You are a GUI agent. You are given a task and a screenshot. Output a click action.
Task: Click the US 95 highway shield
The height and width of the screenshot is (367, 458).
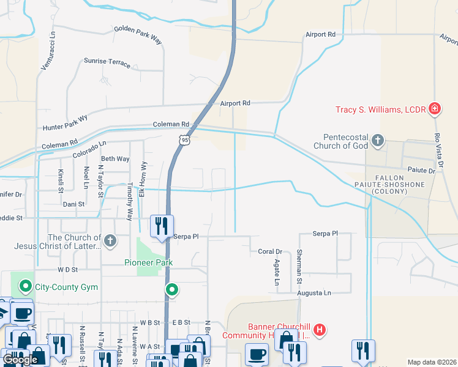[x=185, y=140]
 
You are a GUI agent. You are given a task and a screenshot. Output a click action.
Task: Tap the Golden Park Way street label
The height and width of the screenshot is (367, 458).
[x=138, y=35]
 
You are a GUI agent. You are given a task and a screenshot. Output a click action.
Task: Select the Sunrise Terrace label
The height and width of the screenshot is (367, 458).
[x=107, y=62]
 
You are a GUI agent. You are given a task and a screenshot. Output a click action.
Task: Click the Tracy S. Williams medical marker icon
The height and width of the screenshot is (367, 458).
[x=435, y=109]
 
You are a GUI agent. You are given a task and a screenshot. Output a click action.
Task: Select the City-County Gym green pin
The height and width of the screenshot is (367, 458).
[x=26, y=286]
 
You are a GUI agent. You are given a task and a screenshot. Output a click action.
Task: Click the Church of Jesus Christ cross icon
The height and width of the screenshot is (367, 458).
[x=110, y=240]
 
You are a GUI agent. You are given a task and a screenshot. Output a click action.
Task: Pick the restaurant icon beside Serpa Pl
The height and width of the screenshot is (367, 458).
[x=161, y=226]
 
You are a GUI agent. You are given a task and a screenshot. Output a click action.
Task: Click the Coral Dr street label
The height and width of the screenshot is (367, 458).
[x=269, y=251]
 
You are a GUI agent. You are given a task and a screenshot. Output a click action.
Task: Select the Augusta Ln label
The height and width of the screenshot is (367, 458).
[x=313, y=293]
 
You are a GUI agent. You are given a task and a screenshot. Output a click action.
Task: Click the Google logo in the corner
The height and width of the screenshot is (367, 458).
[x=20, y=360]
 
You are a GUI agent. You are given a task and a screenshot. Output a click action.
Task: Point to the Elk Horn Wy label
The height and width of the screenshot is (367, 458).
[x=142, y=179]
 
